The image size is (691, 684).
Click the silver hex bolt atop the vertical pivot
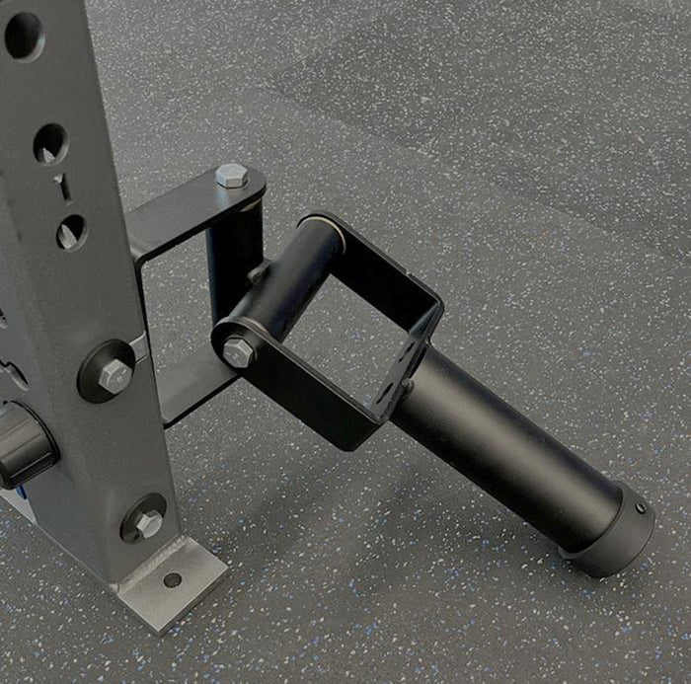[x=230, y=177]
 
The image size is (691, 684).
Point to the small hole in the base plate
[x=173, y=579]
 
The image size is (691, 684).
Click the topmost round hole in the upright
[x=22, y=35]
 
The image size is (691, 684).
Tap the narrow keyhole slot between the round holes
[x=61, y=187]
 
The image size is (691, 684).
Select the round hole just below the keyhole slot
[x=71, y=232]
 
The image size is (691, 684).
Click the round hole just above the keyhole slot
[x=49, y=144]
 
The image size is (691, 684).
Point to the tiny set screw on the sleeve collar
[x=639, y=509]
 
